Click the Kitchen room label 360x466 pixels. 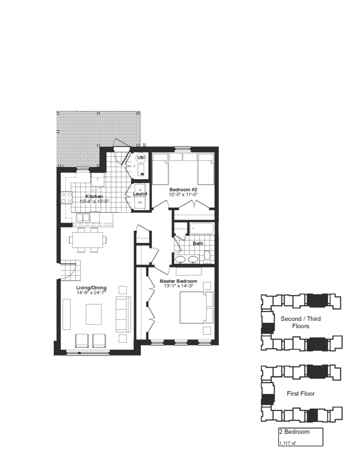tap(94, 196)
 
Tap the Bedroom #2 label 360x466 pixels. tap(183, 189)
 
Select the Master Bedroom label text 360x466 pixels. tap(178, 281)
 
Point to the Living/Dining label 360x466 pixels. tap(91, 288)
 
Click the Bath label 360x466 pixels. tap(198, 243)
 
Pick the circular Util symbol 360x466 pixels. tap(141, 157)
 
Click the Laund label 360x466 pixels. tap(140, 194)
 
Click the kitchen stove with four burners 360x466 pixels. tap(66, 198)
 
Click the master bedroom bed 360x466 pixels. tap(196, 307)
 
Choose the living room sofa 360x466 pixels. tap(123, 314)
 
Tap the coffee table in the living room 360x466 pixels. tap(94, 314)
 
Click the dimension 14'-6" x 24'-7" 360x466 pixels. tap(91, 293)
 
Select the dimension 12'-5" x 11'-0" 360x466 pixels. tap(183, 194)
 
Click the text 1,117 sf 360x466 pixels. tap(287, 444)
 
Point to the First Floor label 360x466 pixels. tap(300, 394)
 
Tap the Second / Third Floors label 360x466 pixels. tap(300, 322)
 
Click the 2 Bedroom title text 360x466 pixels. tap(294, 431)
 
